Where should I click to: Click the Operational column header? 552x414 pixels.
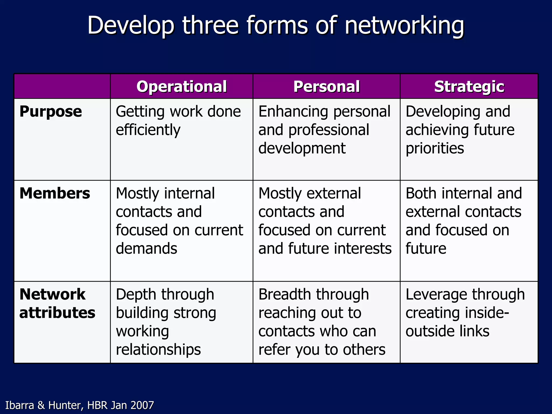(x=181, y=87)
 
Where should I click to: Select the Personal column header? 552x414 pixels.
(x=326, y=87)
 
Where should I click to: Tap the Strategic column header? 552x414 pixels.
(x=469, y=87)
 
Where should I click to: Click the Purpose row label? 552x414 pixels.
(x=51, y=112)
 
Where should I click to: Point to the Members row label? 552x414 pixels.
(x=55, y=193)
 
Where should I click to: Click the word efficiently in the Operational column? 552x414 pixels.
(x=148, y=130)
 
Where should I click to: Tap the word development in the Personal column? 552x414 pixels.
(x=302, y=148)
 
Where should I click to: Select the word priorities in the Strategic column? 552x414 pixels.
(x=435, y=148)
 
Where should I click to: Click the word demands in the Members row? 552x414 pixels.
(x=146, y=248)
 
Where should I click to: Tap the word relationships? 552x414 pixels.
(x=158, y=350)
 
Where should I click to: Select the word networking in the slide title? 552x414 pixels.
(x=404, y=26)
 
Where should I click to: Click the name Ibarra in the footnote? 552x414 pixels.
(x=20, y=405)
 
